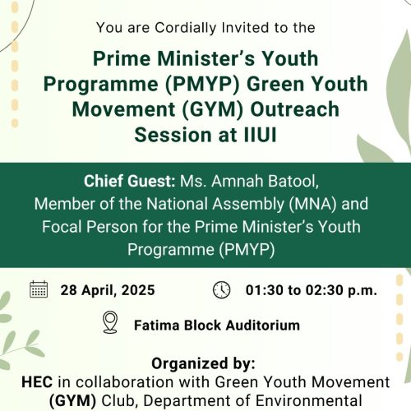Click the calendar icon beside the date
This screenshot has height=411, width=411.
click(39, 289)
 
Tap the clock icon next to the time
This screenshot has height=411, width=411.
click(222, 289)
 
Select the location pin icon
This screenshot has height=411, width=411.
click(110, 322)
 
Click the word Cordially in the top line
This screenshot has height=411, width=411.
click(186, 28)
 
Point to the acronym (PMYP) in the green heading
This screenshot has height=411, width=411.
click(202, 84)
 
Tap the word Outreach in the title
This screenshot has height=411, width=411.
click(294, 109)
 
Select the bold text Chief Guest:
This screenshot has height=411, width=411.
click(130, 181)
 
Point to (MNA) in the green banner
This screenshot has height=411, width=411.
click(312, 204)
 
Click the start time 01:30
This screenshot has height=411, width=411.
click(264, 290)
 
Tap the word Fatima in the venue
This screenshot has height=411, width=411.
click(157, 326)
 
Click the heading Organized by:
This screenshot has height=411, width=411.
click(203, 364)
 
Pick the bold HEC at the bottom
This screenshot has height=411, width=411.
click(37, 381)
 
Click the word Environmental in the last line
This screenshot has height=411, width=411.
click(309, 400)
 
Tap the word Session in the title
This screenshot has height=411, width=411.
click(172, 135)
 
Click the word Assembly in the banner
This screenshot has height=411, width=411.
click(248, 205)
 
